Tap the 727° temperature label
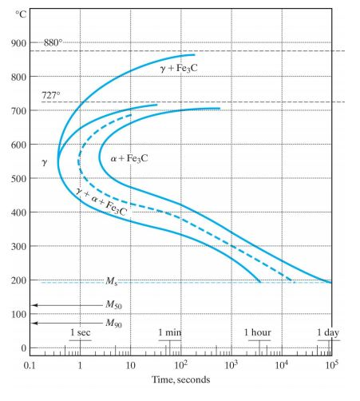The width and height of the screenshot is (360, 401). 52,94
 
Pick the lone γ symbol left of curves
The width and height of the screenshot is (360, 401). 45,162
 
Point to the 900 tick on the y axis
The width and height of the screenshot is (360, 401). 18,43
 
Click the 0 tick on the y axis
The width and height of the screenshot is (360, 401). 23,349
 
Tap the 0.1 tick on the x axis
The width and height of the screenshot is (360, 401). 31,364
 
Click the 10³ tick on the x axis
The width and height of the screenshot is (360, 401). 231,364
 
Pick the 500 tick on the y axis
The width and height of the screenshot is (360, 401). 18,179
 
